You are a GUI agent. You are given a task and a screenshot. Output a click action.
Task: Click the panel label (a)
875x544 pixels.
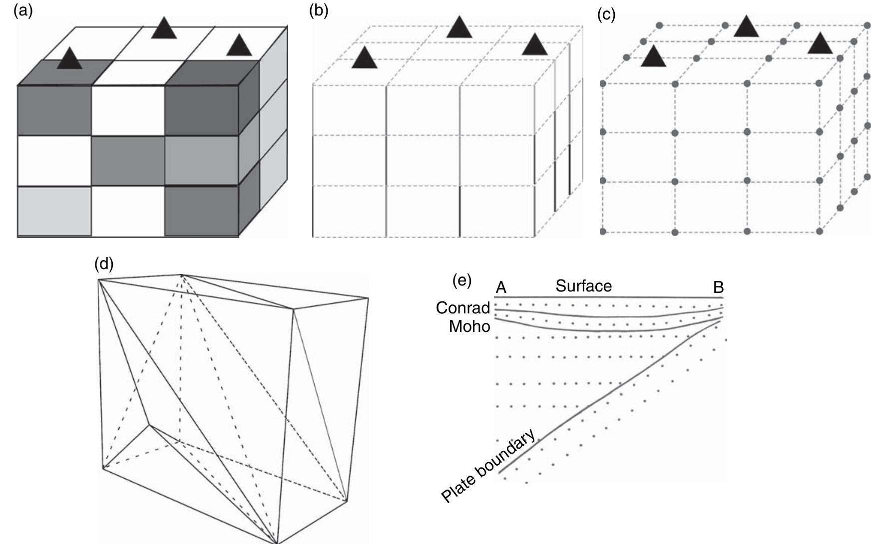(x=23, y=10)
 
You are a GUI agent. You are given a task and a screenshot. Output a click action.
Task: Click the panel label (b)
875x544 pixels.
(x=319, y=10)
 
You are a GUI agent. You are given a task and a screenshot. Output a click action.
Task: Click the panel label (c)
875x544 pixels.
(x=606, y=15)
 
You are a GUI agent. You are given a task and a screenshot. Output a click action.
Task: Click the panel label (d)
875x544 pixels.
(x=104, y=264)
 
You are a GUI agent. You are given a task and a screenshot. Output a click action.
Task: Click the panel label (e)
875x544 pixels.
(x=462, y=280)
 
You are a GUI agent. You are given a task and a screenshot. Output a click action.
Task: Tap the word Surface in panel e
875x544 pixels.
(x=583, y=286)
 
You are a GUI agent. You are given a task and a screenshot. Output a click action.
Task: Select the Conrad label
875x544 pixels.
(x=462, y=307)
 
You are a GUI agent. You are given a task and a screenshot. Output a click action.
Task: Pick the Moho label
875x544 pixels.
(x=469, y=326)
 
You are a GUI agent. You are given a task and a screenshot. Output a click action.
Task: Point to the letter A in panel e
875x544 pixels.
(x=501, y=288)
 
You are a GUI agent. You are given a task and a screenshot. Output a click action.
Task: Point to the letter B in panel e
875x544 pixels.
(x=718, y=287)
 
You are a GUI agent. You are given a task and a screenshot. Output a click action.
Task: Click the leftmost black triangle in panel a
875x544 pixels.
(x=69, y=58)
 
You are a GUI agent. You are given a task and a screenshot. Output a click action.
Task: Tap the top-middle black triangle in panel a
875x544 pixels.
(x=164, y=29)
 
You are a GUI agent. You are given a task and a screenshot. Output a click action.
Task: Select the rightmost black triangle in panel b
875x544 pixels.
(x=535, y=45)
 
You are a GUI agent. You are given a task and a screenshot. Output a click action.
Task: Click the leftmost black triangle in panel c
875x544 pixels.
(x=653, y=57)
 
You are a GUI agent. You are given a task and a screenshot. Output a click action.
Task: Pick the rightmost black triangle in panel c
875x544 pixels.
(x=820, y=44)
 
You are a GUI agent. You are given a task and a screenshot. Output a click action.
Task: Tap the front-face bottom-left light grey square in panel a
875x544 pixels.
(x=54, y=210)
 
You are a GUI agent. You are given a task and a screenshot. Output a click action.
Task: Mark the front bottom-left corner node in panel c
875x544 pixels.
(x=603, y=232)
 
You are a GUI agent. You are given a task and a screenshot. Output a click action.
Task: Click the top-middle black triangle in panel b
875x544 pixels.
(x=459, y=27)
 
